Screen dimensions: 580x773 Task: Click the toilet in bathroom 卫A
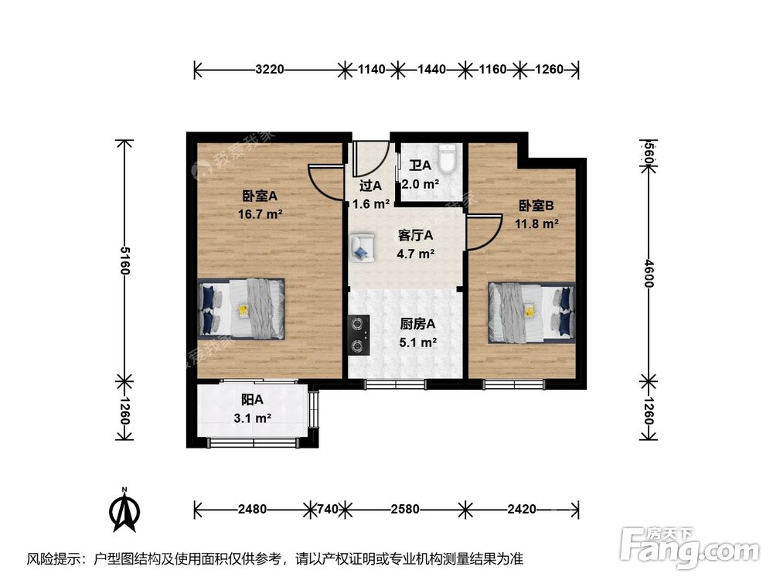point(447,160)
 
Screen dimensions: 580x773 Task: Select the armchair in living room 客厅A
point(361,247)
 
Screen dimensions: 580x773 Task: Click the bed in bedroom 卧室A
point(241,308)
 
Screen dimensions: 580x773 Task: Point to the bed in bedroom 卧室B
point(532,311)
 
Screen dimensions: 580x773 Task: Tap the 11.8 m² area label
point(537,224)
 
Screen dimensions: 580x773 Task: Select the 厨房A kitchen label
point(417,324)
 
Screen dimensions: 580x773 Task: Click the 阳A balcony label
point(252,400)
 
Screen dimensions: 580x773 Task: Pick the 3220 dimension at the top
point(270,70)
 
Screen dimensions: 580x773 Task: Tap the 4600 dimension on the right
point(649,272)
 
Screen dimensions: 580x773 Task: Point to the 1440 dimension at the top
point(431,70)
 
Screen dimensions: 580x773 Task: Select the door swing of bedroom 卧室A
point(327,183)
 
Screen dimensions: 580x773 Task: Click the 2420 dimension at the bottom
point(522,509)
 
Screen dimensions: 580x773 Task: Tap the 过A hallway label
point(370,186)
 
